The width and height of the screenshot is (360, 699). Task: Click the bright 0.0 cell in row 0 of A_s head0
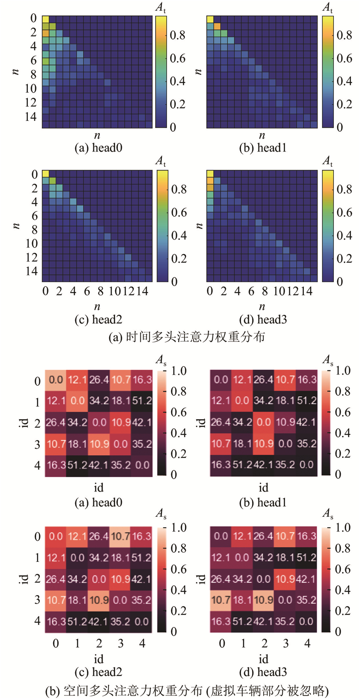click(x=55, y=380)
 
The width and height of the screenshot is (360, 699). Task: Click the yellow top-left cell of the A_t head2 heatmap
click(x=45, y=174)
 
